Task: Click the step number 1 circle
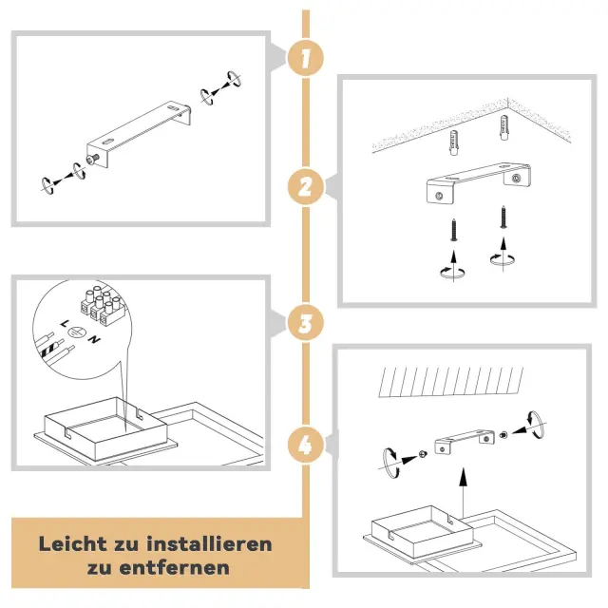pos(306,58)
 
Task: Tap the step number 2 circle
pos(306,186)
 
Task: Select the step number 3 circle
pos(306,323)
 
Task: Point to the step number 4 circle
pos(306,445)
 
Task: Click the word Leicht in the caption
pos(73,543)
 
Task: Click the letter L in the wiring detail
pos(65,323)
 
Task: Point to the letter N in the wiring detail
pos(94,339)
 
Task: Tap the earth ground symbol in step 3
pos(76,332)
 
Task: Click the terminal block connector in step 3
pos(103,305)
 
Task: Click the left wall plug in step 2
pos(454,142)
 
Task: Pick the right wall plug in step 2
pos(504,127)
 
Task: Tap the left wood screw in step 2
pos(454,230)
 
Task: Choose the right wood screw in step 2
pos(503,217)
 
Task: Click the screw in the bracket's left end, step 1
pos(93,159)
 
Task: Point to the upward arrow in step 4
pos(463,492)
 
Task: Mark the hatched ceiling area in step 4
pos(450,382)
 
